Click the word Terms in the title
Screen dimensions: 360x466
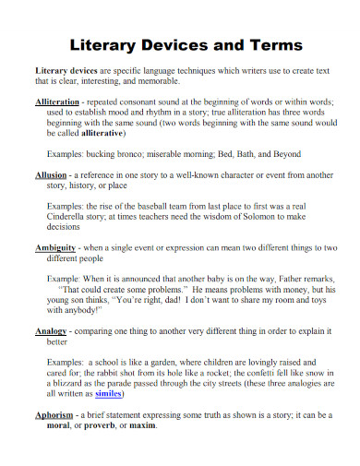[274, 45]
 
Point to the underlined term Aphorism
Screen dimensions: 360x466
[57, 416]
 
